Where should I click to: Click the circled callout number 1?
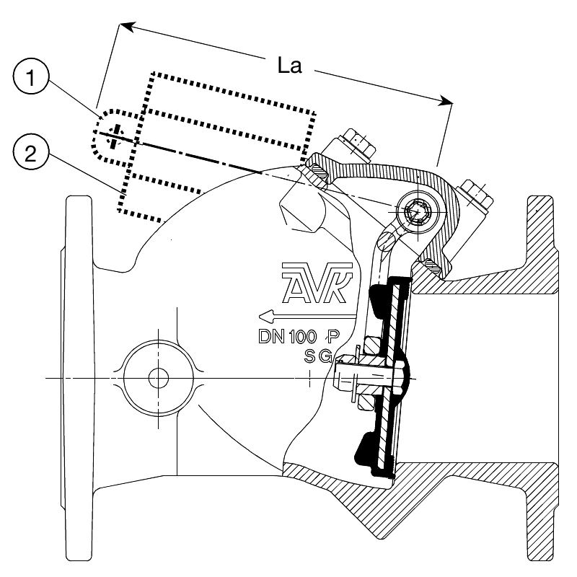click(x=31, y=76)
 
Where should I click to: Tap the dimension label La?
click(x=290, y=66)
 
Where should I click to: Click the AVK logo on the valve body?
click(x=317, y=283)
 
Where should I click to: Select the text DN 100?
click(x=287, y=336)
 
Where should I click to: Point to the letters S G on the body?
click(x=318, y=356)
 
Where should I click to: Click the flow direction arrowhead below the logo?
click(x=266, y=316)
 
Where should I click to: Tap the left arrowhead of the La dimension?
click(x=127, y=27)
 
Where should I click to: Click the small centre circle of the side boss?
click(x=158, y=378)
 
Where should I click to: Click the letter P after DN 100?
click(x=333, y=335)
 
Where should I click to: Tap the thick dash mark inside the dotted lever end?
click(x=115, y=136)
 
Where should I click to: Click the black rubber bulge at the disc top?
click(x=376, y=301)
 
